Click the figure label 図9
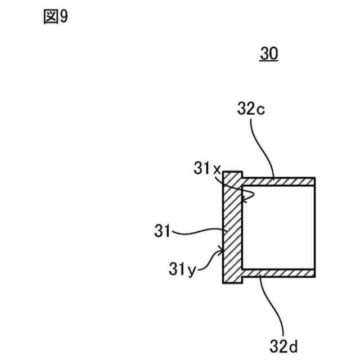tap(55, 17)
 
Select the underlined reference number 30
tap(268, 54)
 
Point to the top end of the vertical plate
tap(232, 173)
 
